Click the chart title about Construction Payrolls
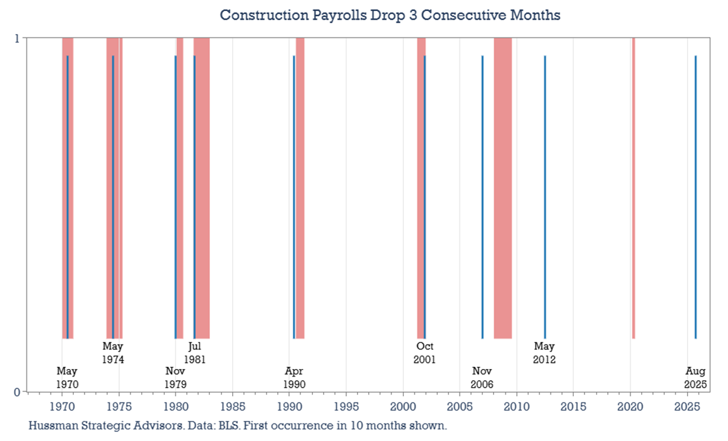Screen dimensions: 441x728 [x=390, y=15]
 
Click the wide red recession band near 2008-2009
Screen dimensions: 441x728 [x=502, y=187]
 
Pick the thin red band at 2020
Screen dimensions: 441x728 [x=633, y=187]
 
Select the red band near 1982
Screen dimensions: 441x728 [x=202, y=187]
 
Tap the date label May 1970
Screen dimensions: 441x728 [x=67, y=378]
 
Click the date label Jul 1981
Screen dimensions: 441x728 [x=195, y=352]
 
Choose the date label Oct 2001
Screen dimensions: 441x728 [x=424, y=352]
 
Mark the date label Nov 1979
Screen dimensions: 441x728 [x=175, y=378]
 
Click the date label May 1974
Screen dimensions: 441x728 [x=113, y=352]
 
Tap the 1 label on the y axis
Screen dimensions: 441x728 [x=17, y=39]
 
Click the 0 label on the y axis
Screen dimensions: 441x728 [x=17, y=392]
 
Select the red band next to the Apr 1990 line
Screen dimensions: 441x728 [x=300, y=187]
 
